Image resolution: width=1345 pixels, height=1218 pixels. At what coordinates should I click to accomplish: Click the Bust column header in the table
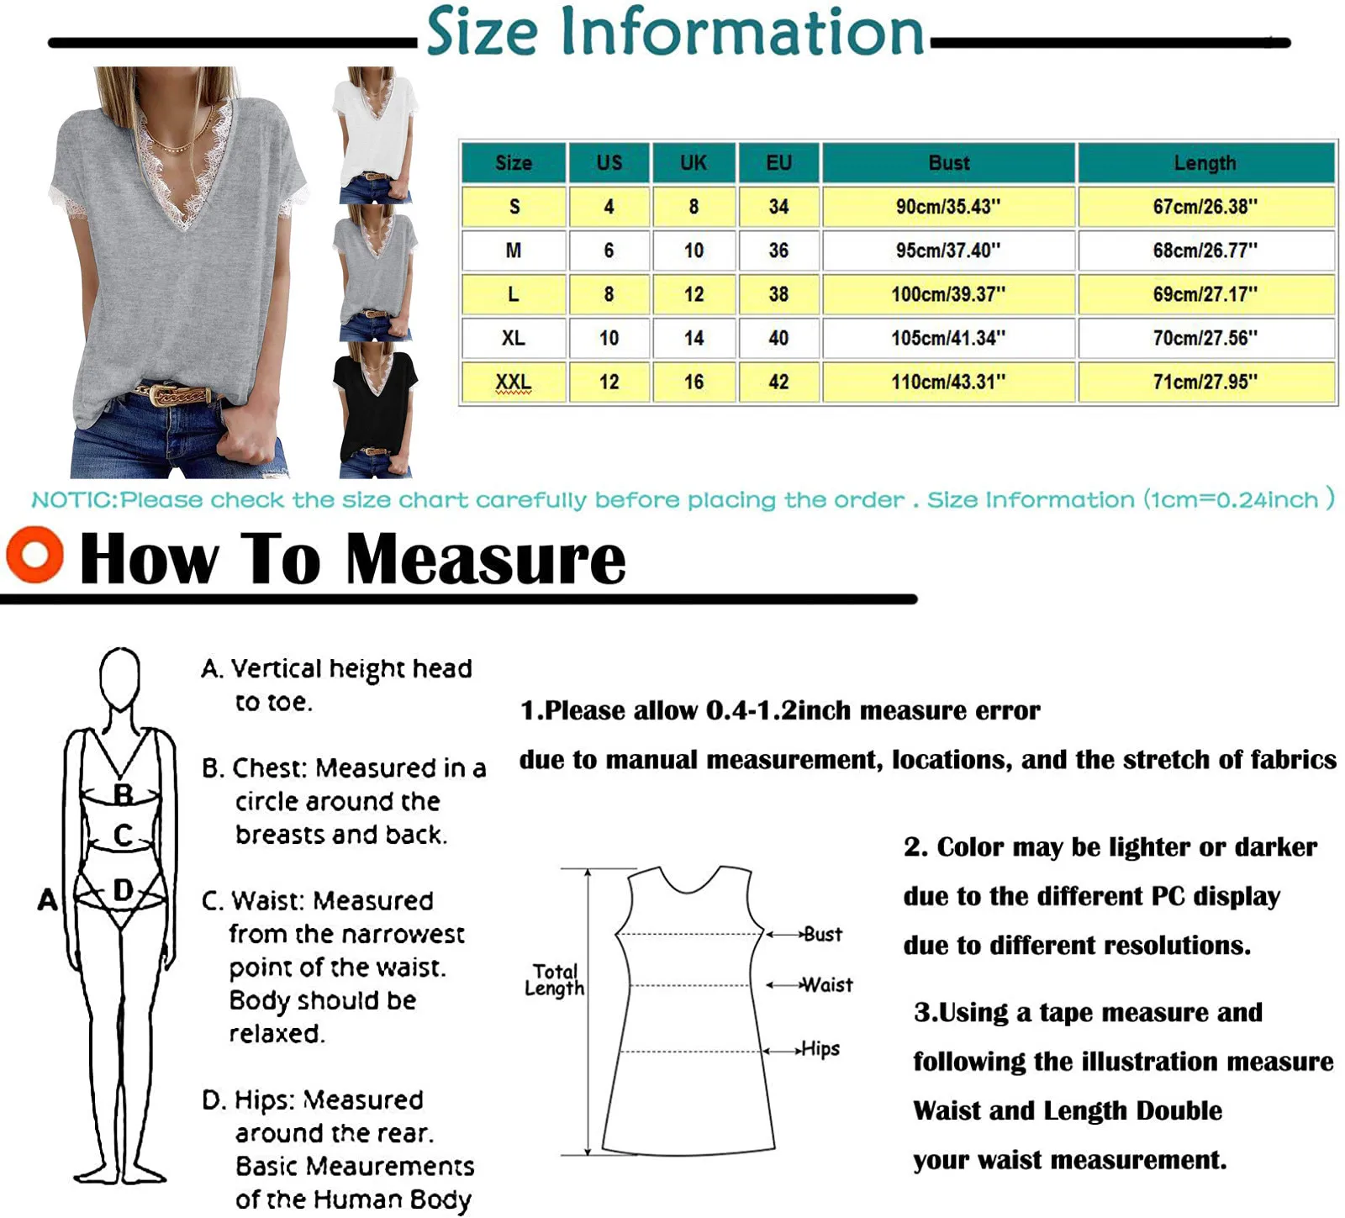point(948,163)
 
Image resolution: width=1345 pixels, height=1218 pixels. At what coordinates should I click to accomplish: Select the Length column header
point(1205,163)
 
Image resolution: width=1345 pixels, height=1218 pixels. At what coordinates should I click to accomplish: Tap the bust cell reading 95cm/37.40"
point(948,250)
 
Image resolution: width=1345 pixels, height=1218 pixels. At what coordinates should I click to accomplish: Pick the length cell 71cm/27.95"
point(1205,382)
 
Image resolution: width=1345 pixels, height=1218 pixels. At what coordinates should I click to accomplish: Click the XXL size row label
point(513,382)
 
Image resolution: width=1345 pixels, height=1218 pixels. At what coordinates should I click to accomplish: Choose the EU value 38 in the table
point(778,294)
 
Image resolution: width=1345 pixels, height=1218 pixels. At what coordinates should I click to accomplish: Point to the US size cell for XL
point(609,338)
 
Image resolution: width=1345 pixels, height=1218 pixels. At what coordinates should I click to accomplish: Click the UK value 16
point(694,382)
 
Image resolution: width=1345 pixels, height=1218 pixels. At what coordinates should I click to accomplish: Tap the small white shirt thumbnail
point(375,134)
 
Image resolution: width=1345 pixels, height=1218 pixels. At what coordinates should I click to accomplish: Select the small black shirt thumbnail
point(375,409)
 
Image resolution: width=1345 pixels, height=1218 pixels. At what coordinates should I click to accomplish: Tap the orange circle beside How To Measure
point(34,555)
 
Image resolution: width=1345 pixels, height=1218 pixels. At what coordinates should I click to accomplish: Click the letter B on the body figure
point(123,794)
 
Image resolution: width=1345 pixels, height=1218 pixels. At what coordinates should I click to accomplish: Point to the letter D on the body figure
point(123,889)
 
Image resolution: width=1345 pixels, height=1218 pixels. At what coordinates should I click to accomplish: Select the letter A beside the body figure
point(48,899)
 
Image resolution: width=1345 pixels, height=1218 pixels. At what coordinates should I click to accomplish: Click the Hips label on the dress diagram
point(820,1048)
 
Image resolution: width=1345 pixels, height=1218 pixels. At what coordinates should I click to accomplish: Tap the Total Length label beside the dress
point(554,979)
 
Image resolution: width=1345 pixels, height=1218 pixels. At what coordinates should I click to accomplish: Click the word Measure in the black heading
point(486,559)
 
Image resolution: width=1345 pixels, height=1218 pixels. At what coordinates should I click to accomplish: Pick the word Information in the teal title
point(741,32)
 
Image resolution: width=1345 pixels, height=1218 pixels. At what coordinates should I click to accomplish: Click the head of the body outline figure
point(119,677)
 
